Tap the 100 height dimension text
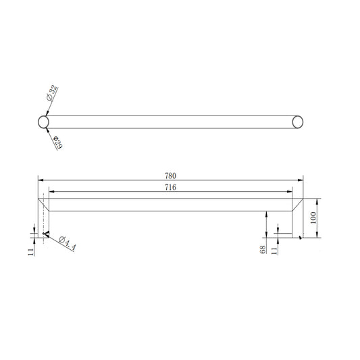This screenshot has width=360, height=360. coord(313,218)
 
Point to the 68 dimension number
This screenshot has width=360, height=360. coord(261,250)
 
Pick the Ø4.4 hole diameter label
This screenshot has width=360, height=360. coord(68,244)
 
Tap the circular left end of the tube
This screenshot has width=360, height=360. coord(43,121)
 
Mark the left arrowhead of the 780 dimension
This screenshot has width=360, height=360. coord(40,180)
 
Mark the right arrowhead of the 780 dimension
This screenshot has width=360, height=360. coord(301,180)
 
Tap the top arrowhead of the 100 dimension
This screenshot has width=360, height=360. coord(317,201)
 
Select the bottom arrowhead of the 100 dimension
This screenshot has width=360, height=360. coord(317,236)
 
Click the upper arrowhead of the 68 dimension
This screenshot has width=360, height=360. coord(267,213)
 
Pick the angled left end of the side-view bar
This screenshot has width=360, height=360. coord(45,205)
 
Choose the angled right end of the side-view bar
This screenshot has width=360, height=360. coord(297,205)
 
